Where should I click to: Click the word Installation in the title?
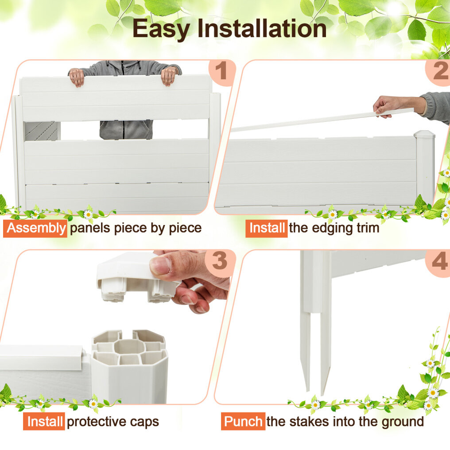coord(262,28)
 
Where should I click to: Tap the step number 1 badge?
coord(221,72)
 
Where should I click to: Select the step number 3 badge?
coord(221,262)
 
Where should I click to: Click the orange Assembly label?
coord(35,228)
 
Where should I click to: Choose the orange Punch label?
coord(243,422)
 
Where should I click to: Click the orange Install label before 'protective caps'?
coord(44,421)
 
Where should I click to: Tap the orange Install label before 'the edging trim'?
coord(267,228)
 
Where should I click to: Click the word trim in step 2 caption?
coord(368,228)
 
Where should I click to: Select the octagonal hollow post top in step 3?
coord(128,347)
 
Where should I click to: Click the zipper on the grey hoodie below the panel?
coord(124,130)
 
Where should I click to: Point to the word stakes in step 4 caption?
coord(310,422)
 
